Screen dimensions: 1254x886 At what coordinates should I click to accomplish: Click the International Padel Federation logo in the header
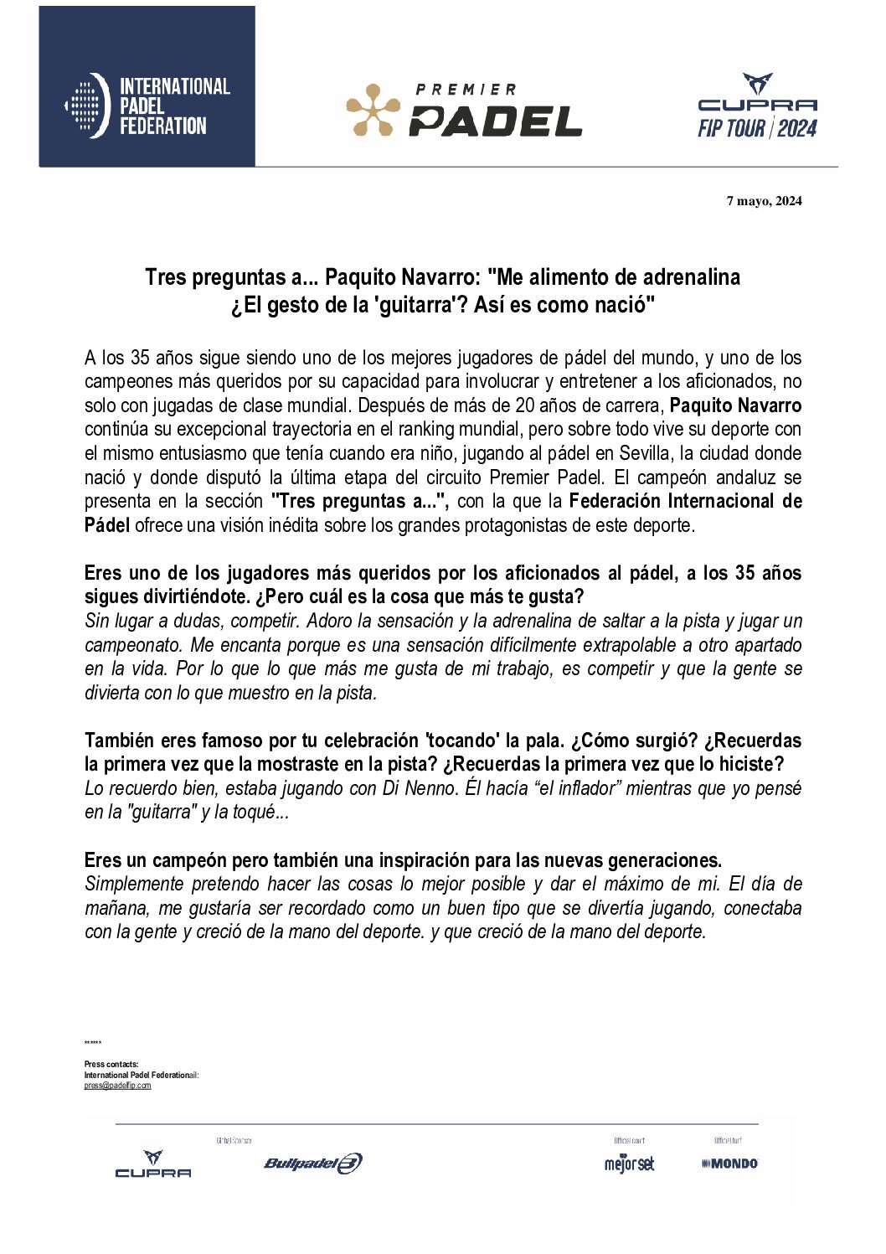(x=147, y=106)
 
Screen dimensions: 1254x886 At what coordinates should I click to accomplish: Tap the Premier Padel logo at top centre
(x=464, y=110)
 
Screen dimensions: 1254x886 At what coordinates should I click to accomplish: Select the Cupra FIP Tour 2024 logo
(x=757, y=106)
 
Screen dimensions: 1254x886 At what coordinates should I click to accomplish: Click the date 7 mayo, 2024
(x=764, y=201)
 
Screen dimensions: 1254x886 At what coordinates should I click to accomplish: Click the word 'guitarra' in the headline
(x=411, y=305)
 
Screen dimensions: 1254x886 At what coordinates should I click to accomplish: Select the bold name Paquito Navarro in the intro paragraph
(x=735, y=405)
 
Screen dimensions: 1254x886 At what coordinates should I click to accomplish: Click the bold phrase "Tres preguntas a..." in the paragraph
(x=361, y=501)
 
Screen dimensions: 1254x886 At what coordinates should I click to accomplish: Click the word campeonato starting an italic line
(x=133, y=645)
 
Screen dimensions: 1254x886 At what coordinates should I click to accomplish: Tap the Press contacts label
(x=111, y=1065)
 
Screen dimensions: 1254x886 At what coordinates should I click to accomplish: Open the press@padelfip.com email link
(x=117, y=1086)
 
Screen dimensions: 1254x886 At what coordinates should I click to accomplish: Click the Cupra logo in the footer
(x=153, y=1164)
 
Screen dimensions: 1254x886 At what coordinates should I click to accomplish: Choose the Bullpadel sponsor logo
(x=312, y=1163)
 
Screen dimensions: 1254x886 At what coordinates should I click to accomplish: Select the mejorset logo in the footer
(x=629, y=1164)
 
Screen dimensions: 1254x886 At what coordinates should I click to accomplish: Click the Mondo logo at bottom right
(x=730, y=1164)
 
